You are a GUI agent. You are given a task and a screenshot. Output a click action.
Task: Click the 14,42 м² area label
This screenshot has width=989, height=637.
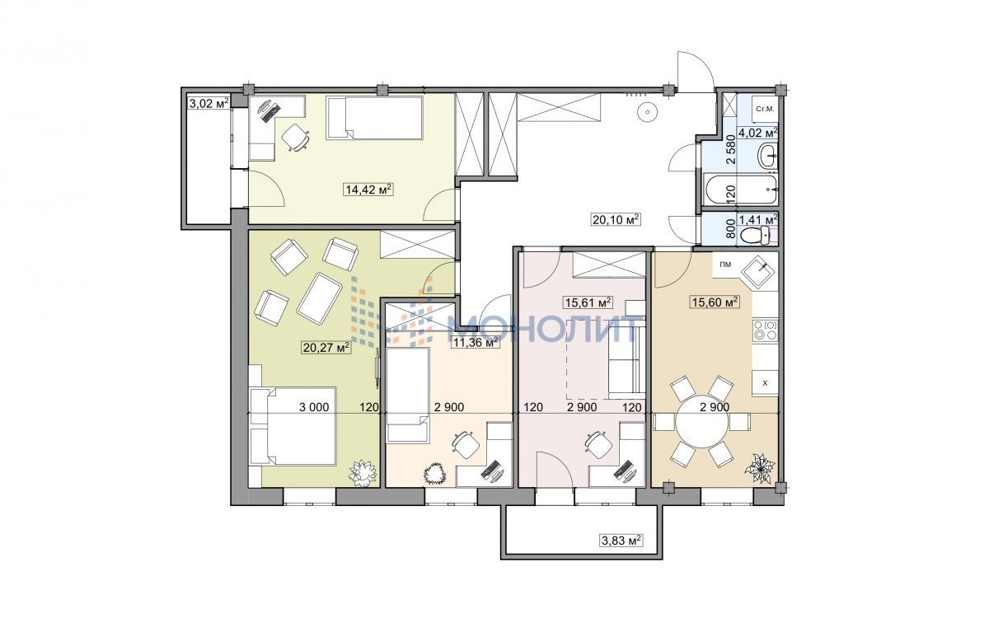tap(368, 190)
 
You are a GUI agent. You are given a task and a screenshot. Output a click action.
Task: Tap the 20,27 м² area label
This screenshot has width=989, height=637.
tap(326, 348)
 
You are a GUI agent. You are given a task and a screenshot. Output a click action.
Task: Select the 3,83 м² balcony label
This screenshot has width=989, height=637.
tap(621, 541)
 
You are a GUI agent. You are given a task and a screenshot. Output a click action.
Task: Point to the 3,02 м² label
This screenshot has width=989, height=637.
tap(209, 104)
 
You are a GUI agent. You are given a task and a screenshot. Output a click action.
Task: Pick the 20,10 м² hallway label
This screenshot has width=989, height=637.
tap(616, 219)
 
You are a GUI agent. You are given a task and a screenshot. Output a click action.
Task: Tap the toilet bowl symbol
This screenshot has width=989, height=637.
tap(755, 236)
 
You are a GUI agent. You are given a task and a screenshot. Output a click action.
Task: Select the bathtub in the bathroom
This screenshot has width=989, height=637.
tap(741, 190)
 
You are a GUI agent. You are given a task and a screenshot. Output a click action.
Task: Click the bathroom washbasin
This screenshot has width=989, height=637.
tap(767, 156)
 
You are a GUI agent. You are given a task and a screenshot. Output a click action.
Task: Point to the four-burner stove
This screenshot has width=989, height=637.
tap(765, 330)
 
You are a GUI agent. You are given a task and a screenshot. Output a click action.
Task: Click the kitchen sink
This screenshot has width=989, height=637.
tap(758, 273)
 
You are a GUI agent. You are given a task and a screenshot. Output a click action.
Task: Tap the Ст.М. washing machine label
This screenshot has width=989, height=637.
tap(765, 109)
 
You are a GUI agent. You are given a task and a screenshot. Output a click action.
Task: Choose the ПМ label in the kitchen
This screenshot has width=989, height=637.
tap(725, 265)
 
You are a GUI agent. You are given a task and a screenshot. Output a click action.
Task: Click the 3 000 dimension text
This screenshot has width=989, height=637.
tap(314, 407)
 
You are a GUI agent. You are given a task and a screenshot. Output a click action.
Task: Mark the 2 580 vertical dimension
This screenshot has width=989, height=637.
tap(731, 150)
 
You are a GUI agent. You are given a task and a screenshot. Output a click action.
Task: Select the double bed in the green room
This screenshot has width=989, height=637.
tap(293, 425)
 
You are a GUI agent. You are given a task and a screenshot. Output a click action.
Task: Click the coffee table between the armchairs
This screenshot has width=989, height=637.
tap(319, 299)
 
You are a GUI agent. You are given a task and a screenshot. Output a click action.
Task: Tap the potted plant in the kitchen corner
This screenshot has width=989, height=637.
tap(759, 469)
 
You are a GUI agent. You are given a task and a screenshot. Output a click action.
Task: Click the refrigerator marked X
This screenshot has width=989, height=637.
tap(765, 383)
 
